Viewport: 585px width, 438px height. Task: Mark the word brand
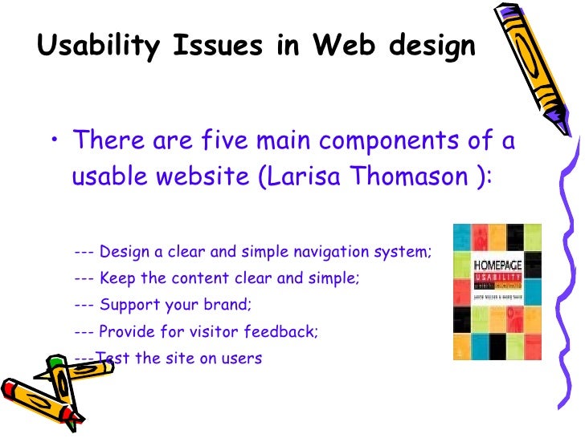click(230, 305)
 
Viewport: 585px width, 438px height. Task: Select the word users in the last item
click(242, 358)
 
